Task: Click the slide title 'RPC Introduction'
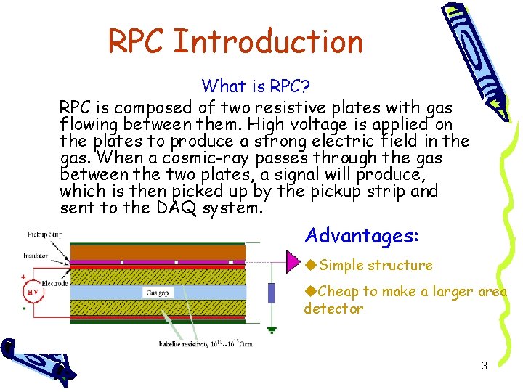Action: (x=235, y=41)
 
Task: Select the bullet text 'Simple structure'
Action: (x=376, y=266)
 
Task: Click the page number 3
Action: (x=485, y=366)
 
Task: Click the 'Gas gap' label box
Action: (x=157, y=293)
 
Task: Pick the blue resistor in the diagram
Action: (x=272, y=293)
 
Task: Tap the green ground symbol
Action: (x=272, y=329)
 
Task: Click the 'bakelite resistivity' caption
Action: (x=206, y=343)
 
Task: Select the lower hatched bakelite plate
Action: (x=157, y=305)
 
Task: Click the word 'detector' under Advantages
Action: (x=333, y=309)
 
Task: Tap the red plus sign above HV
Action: (x=24, y=277)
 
